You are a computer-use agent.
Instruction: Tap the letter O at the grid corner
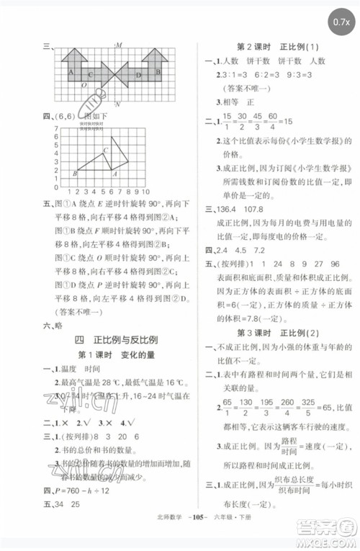(84, 85)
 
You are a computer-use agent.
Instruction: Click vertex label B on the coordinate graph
(74, 173)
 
